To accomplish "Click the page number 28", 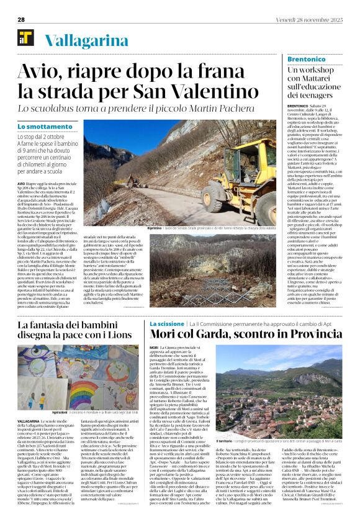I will pos(20,19).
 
